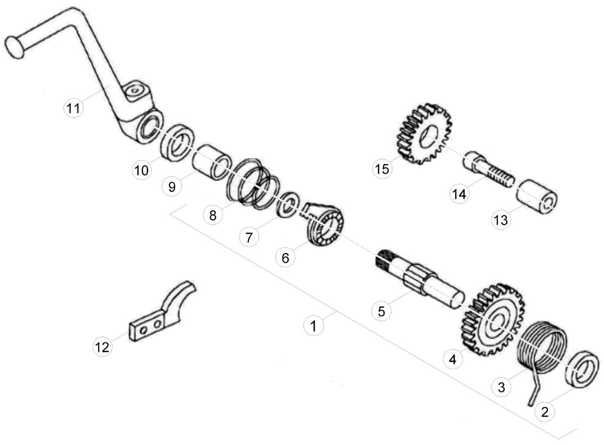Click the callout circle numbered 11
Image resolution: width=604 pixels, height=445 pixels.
[73, 108]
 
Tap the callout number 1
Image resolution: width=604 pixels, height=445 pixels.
[313, 326]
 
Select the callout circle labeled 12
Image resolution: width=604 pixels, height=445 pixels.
[102, 347]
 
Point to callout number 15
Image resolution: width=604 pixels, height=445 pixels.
[382, 169]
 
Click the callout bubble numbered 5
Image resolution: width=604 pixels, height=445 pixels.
[381, 311]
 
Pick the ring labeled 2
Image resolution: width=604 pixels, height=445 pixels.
[583, 369]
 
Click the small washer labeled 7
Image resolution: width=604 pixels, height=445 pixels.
[288, 203]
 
